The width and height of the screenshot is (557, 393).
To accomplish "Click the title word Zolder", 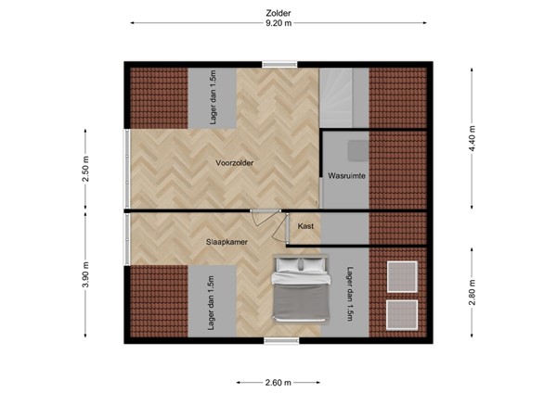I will (278, 12).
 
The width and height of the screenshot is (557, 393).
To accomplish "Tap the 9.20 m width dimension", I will (278, 24).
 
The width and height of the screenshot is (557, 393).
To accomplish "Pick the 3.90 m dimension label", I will (84, 277).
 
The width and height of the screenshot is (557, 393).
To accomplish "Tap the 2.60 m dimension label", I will (278, 382).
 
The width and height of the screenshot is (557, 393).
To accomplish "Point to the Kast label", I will (304, 225).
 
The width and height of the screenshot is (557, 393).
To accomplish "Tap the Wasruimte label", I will (344, 175).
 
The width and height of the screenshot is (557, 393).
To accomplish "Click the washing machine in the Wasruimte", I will (356, 151).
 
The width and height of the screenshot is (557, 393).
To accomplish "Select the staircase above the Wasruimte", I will (344, 97).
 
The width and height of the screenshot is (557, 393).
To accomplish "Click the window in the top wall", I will (277, 64).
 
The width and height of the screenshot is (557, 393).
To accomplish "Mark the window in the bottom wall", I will (277, 341).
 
